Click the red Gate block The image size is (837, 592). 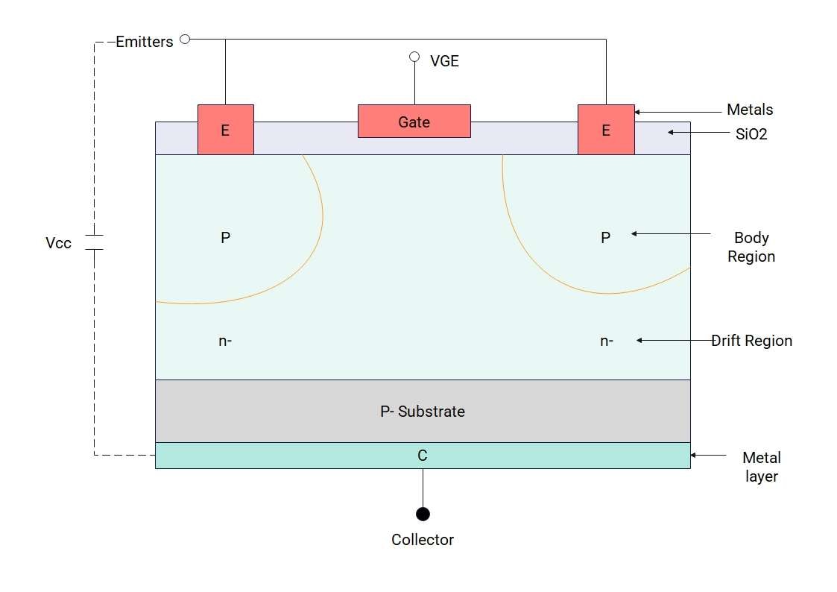[x=414, y=122]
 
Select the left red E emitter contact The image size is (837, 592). [x=225, y=130]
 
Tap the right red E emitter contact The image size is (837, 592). [x=606, y=130]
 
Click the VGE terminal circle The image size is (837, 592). [x=414, y=57]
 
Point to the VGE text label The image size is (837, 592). [x=444, y=61]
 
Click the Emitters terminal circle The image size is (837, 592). [x=185, y=39]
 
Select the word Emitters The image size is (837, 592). [x=145, y=42]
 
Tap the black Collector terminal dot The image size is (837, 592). [x=423, y=514]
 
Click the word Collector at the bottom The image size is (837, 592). [x=423, y=540]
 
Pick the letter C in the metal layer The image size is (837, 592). [x=423, y=456]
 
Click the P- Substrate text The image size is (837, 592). [x=423, y=411]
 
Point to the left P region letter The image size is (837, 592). [x=225, y=238]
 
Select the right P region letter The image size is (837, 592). [x=605, y=238]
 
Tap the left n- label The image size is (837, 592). [x=225, y=341]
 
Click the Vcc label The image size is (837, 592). [x=59, y=243]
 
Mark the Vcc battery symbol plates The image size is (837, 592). [x=94, y=242]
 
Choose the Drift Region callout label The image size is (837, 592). [x=751, y=341]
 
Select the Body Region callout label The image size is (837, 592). [x=751, y=247]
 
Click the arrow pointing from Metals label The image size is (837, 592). [x=671, y=112]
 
